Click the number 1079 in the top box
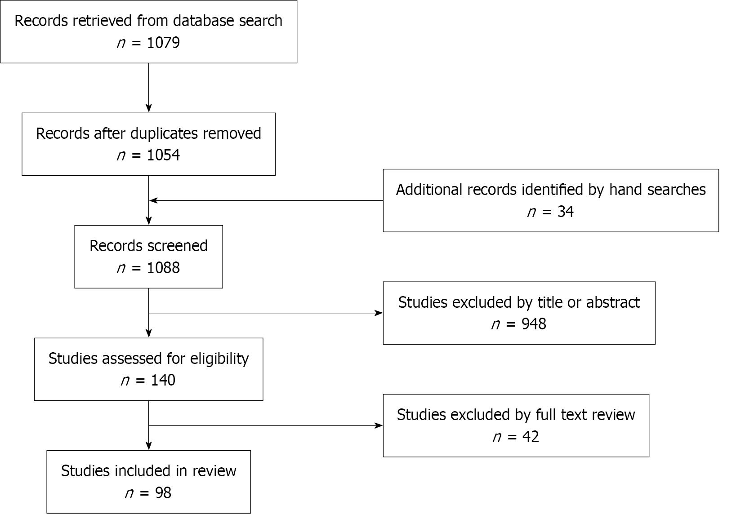[x=163, y=43]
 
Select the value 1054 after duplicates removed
[x=163, y=155]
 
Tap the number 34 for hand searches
[x=565, y=212]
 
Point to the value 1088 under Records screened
[x=163, y=268]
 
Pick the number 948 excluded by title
[x=534, y=324]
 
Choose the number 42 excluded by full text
[x=531, y=437]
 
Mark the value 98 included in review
[x=163, y=493]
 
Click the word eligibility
[x=219, y=359]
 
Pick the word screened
[x=178, y=246]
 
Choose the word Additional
[x=429, y=190]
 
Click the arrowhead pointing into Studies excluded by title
[x=379, y=313]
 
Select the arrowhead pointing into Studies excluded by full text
[x=379, y=425]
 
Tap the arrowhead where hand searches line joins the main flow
[x=153, y=200]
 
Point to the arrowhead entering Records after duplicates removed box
[x=149, y=109]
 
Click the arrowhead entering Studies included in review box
[x=149, y=446]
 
